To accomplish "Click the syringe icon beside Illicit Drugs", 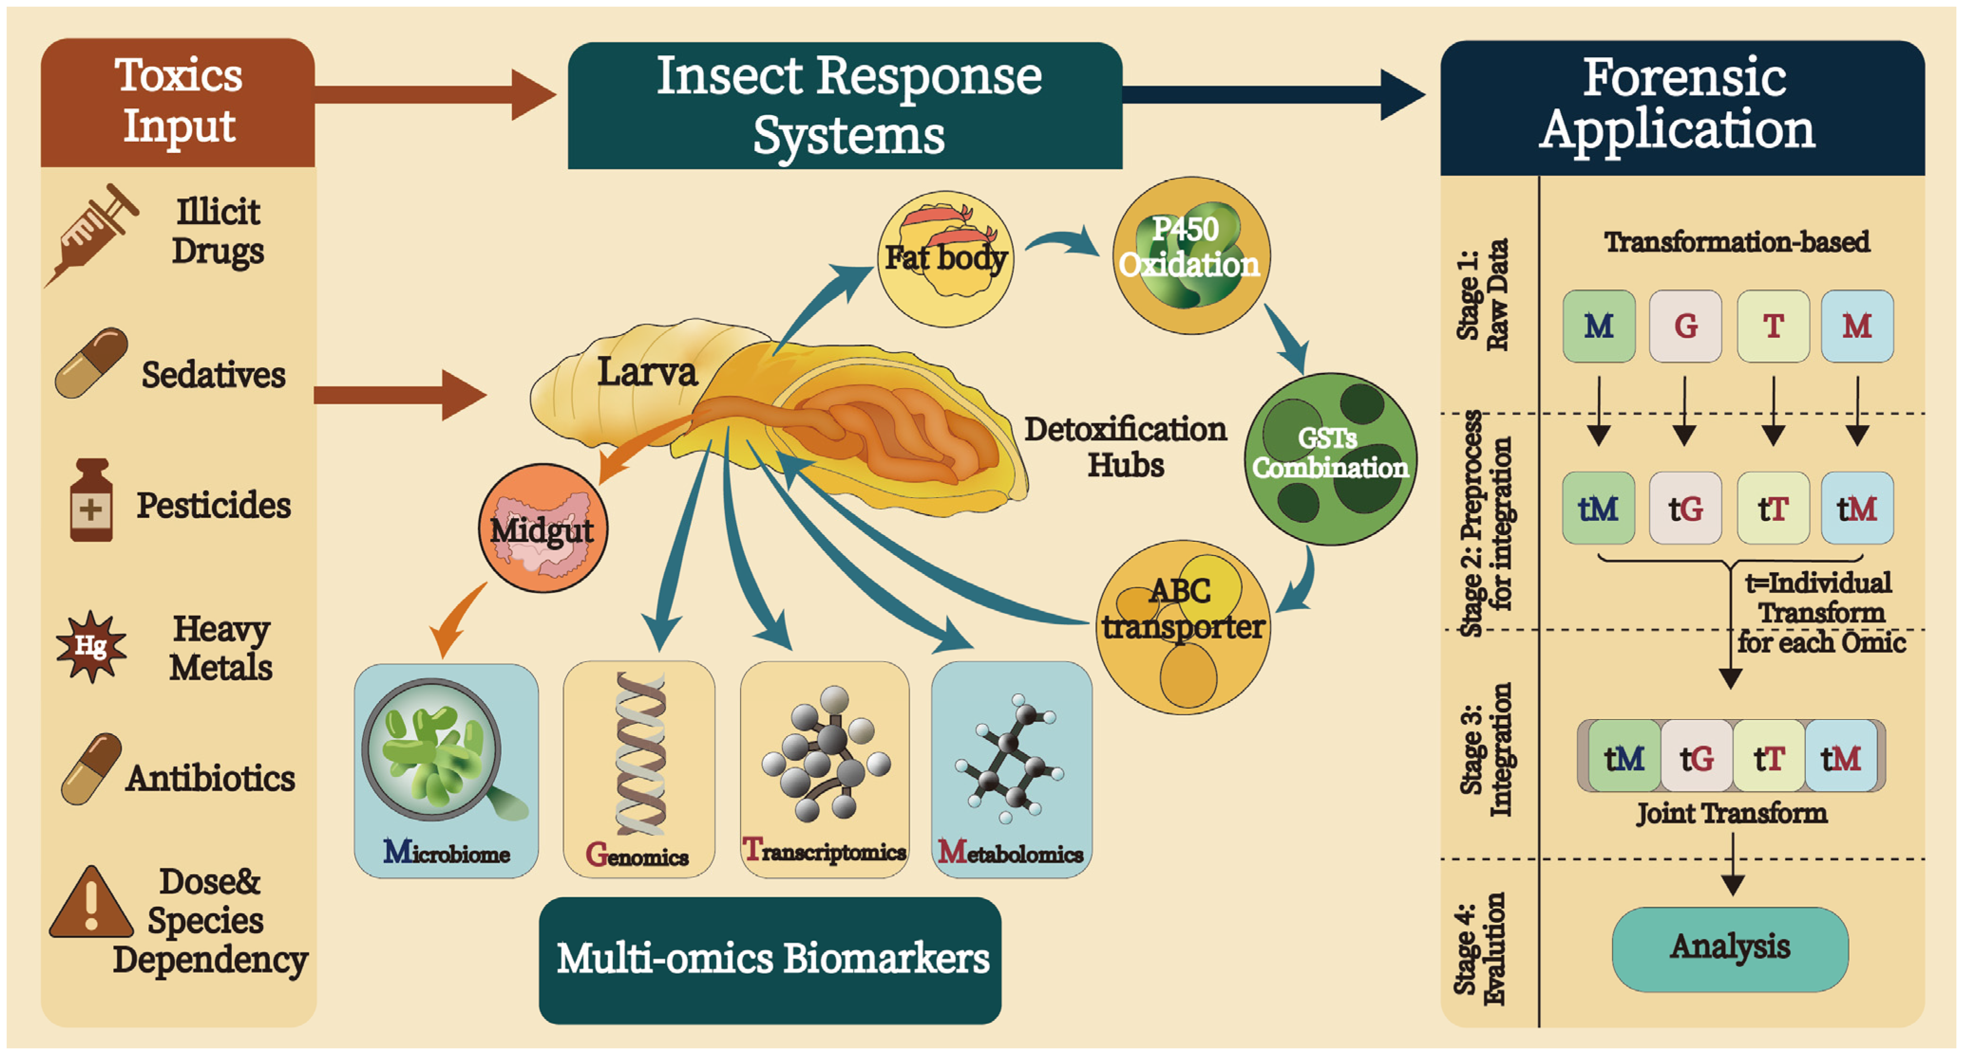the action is (92, 235).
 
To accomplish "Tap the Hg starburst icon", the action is (91, 646).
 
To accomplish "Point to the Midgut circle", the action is (543, 528).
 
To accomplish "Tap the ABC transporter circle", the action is (1183, 627).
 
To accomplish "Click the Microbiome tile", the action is (446, 770).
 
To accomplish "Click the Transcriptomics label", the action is (824, 850).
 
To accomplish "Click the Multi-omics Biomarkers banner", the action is (770, 960).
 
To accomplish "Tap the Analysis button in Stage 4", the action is (1730, 949).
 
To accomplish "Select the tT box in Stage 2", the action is (1773, 508).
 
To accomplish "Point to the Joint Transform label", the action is (1732, 813).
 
